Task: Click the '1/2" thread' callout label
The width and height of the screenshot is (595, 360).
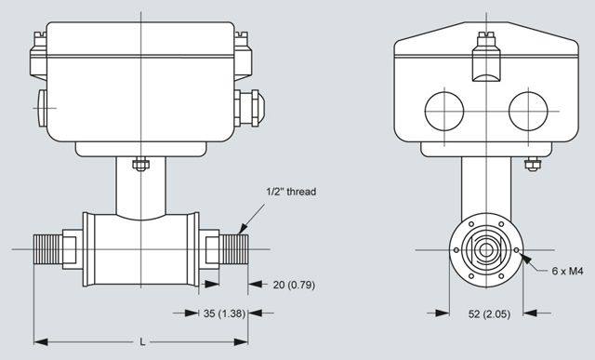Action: click(291, 192)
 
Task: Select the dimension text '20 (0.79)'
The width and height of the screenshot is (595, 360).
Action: click(294, 285)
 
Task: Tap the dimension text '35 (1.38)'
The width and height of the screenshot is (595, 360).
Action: click(224, 313)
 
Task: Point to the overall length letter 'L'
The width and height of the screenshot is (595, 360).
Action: click(142, 341)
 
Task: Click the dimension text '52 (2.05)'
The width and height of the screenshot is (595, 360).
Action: click(490, 314)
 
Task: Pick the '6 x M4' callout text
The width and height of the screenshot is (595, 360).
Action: click(567, 271)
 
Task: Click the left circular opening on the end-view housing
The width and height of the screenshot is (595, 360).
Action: click(444, 112)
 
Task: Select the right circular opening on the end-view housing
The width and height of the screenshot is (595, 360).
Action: click(528, 112)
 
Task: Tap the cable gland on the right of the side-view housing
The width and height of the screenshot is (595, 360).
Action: click(249, 108)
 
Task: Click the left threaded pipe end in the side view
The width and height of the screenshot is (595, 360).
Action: click(47, 249)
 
